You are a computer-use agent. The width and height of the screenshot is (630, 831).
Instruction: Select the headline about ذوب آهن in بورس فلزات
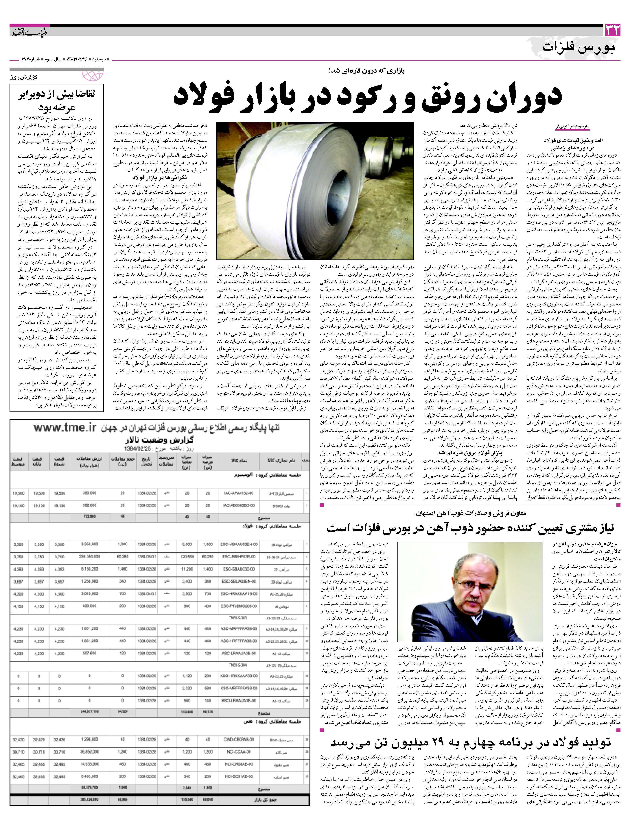tap(470, 528)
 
